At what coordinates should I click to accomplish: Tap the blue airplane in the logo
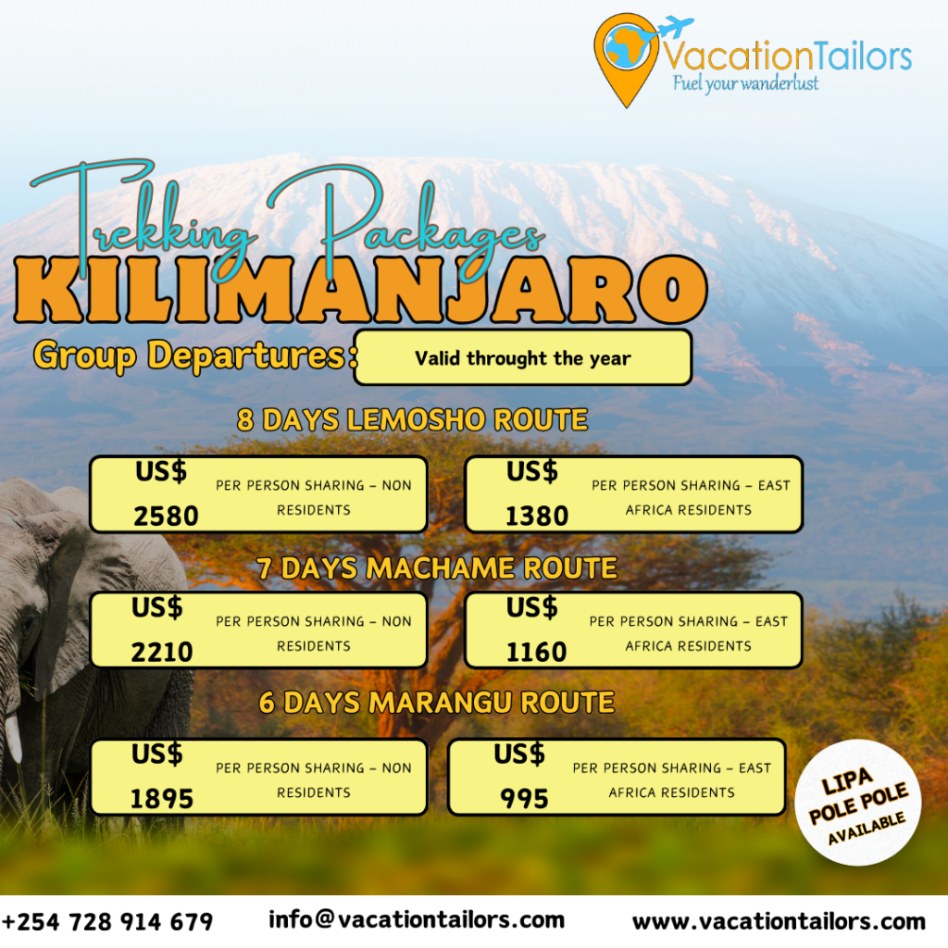(x=674, y=27)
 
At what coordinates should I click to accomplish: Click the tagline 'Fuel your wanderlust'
(x=745, y=82)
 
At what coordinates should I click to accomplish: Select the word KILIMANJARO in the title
(x=361, y=290)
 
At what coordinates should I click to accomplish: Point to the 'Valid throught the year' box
(x=523, y=357)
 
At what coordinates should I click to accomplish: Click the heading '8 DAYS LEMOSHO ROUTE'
(x=412, y=419)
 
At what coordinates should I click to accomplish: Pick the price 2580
(x=166, y=516)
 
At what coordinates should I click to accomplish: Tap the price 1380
(x=537, y=516)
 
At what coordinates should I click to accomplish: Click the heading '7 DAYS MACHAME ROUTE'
(x=437, y=568)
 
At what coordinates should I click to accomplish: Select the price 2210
(x=162, y=652)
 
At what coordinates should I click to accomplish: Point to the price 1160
(x=536, y=652)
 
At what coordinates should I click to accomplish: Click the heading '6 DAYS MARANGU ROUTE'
(x=437, y=703)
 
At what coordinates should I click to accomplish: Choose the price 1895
(x=162, y=799)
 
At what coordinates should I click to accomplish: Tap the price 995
(x=524, y=799)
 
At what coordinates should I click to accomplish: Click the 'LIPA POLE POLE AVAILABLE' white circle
(x=857, y=802)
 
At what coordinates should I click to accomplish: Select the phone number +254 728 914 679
(x=107, y=922)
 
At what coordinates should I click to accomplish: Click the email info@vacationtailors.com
(x=417, y=919)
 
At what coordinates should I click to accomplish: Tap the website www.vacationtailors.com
(x=779, y=921)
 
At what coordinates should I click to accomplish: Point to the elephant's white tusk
(x=13, y=738)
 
